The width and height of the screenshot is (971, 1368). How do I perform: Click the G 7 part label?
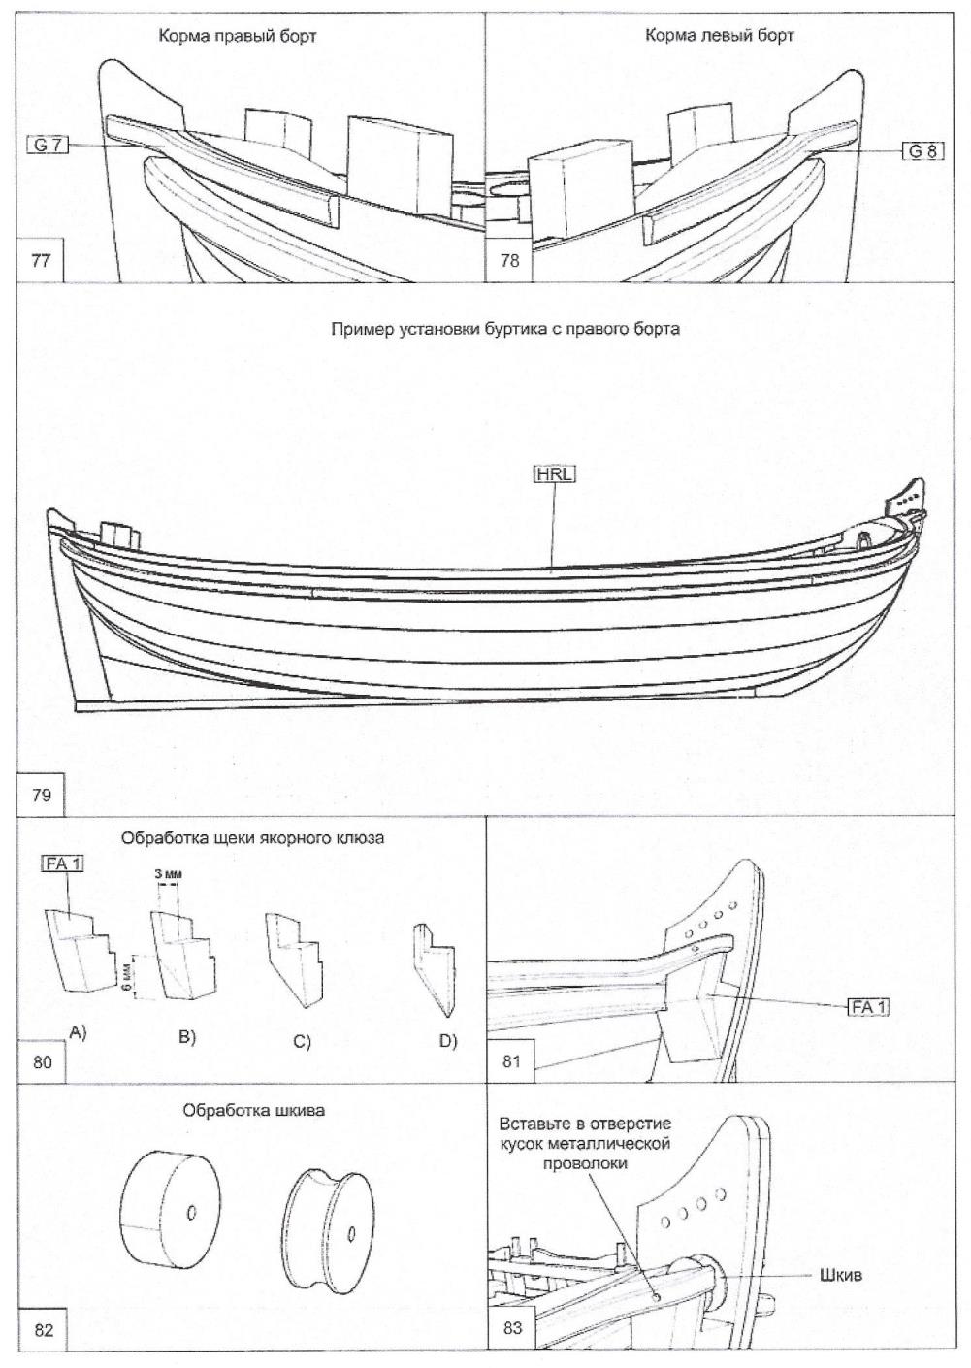coord(47,146)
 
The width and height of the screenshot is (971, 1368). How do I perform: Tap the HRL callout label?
coord(554,474)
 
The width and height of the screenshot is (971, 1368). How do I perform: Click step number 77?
coord(42,260)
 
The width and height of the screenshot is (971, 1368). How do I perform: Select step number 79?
coord(42,796)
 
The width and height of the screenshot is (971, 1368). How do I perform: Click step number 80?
coord(43,1061)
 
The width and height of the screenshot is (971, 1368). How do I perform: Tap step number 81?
coord(512,1061)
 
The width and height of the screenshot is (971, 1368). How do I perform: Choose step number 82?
coord(44,1330)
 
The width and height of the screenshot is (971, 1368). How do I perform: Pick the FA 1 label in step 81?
coord(868,1008)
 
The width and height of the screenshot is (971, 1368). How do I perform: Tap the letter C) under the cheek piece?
coord(301,1043)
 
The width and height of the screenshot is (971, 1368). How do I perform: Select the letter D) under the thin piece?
coord(447,1041)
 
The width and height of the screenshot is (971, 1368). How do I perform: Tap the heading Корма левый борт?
coord(719,36)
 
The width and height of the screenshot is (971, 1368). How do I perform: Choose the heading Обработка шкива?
coord(254,1111)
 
